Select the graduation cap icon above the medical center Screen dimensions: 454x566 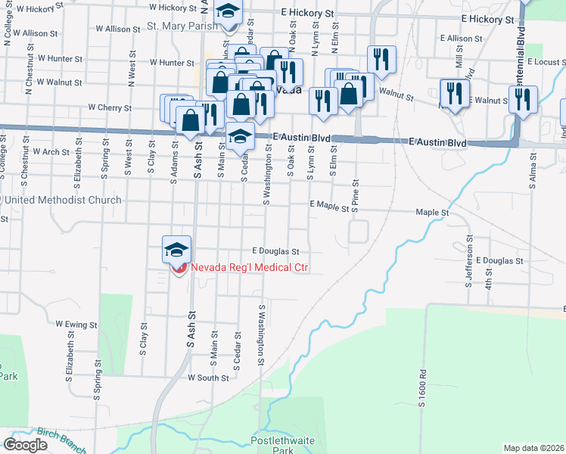pos(176,249)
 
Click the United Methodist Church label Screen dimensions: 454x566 pos(64,201)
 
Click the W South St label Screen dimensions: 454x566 pos(208,378)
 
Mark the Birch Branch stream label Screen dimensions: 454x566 pos(66,437)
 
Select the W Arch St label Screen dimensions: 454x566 pos(51,151)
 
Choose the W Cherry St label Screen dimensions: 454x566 pos(110,108)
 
